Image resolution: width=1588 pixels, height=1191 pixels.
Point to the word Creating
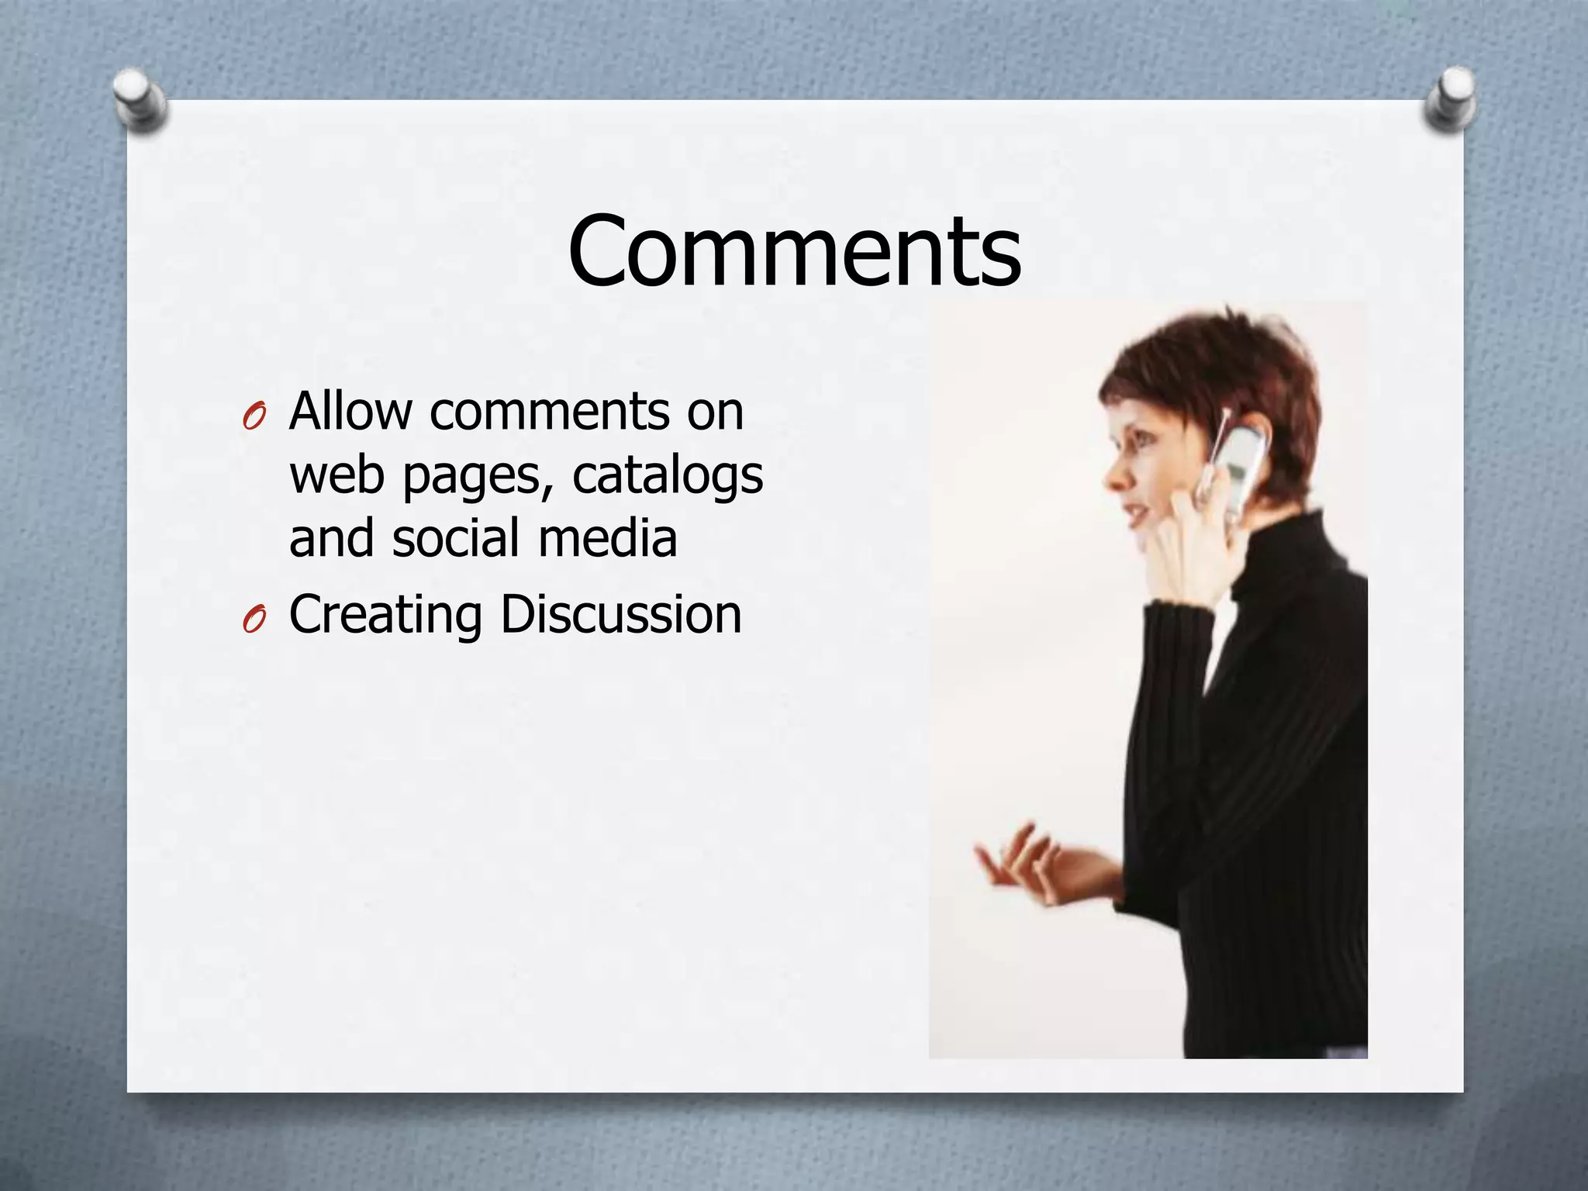point(385,615)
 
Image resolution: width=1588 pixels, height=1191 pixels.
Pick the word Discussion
point(620,615)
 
